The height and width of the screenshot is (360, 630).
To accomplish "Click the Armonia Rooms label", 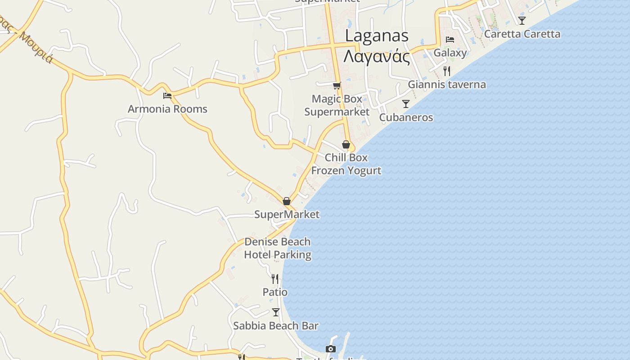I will click(x=167, y=109).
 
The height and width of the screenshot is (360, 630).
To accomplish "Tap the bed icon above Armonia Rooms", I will click(x=167, y=95).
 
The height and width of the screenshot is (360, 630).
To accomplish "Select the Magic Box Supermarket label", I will click(x=337, y=105).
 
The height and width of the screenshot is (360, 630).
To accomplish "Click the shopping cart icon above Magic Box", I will click(x=337, y=85).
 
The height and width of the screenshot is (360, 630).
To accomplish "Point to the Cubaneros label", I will click(x=406, y=117).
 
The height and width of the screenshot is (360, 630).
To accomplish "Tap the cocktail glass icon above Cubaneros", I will click(x=406, y=104).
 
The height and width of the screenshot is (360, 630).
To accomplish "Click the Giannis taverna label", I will click(x=447, y=85).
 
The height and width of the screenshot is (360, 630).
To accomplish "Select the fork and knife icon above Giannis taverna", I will click(x=447, y=71).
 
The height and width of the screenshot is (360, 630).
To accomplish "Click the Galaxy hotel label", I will click(x=450, y=53).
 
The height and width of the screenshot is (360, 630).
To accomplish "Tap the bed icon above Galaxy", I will click(x=450, y=40).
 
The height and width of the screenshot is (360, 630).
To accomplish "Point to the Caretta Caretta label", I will click(x=522, y=34).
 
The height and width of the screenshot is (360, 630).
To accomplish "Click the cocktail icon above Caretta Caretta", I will click(x=522, y=20).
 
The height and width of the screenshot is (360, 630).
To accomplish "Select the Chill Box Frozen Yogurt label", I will click(x=346, y=164).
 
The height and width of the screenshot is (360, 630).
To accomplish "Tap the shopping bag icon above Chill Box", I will click(x=346, y=144).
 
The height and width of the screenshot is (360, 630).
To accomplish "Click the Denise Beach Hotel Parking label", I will click(x=278, y=248).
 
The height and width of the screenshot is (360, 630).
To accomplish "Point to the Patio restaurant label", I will click(x=275, y=292).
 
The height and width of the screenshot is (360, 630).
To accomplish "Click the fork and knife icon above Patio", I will click(x=275, y=279).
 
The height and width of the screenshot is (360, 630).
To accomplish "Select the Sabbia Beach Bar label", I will click(x=276, y=326).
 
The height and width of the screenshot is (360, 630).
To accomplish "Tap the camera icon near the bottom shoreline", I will click(x=331, y=349).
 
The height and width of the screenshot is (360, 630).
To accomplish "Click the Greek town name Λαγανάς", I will click(x=377, y=57).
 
